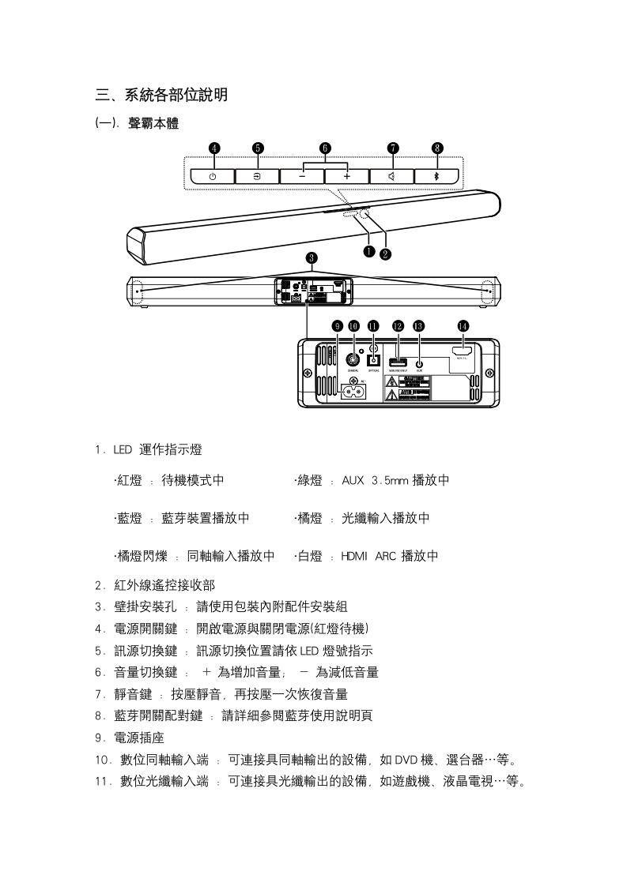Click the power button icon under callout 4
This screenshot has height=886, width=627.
click(x=213, y=176)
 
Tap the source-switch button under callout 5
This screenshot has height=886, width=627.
click(x=258, y=176)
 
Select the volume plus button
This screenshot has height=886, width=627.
click(x=346, y=176)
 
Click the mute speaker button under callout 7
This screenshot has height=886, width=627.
click(x=392, y=176)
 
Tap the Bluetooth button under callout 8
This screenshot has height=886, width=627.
click(x=436, y=176)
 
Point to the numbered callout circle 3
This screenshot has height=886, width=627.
click(x=312, y=257)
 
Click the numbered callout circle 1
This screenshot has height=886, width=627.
click(x=368, y=251)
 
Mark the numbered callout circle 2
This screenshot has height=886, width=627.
click(x=385, y=253)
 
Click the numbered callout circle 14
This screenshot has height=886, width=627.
click(x=463, y=325)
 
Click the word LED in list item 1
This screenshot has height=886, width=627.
click(x=122, y=450)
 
